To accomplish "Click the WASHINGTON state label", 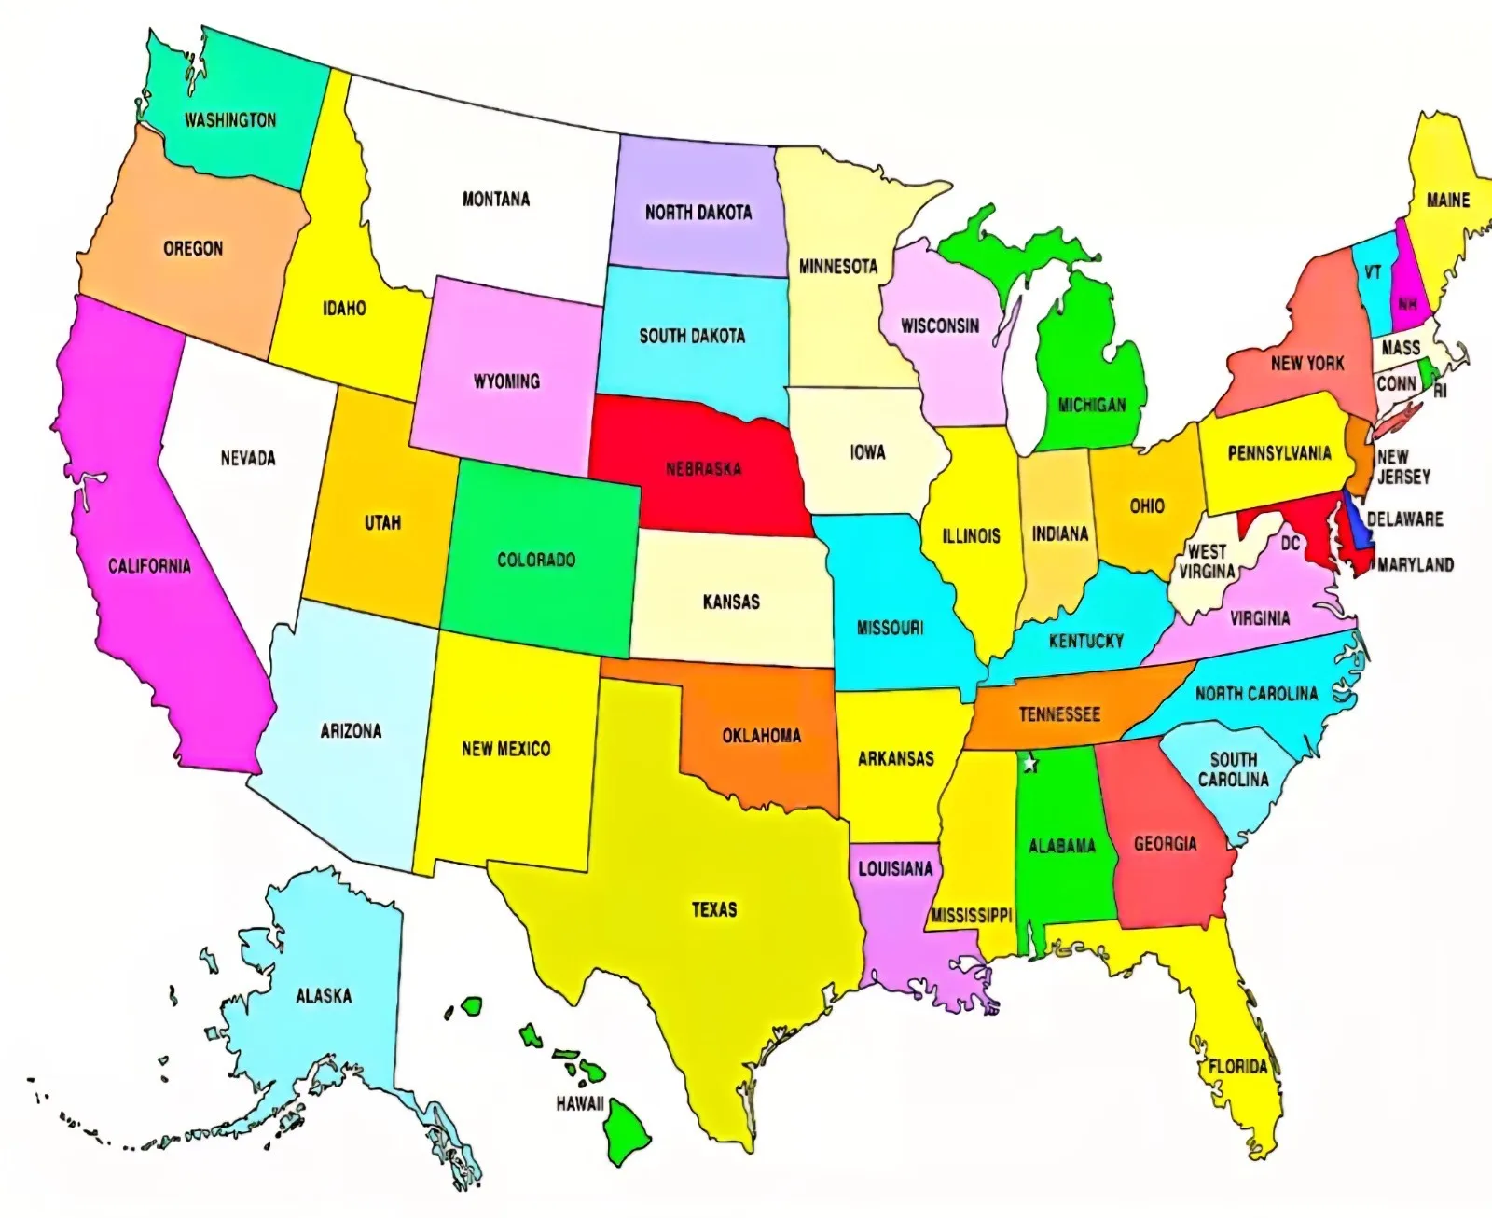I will [230, 120].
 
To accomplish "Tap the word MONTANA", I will [496, 199].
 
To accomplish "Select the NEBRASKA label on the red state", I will [704, 468].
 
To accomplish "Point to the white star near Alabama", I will [1030, 764].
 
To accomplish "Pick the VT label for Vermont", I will [1373, 272].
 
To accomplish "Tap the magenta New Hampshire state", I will [1405, 289].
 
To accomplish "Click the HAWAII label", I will [580, 1104].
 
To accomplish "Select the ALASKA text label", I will [324, 996].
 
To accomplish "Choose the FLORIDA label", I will [1237, 1066].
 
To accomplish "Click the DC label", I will [1290, 543].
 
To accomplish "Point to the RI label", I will [1441, 392].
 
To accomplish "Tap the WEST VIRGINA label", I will [1207, 561].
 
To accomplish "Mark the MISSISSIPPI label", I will [972, 915].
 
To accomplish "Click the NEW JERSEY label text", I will [1402, 466].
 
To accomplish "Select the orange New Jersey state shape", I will [1360, 451].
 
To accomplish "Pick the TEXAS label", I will [714, 909].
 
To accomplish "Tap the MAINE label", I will [1447, 201].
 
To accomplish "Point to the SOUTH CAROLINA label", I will [1233, 769].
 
